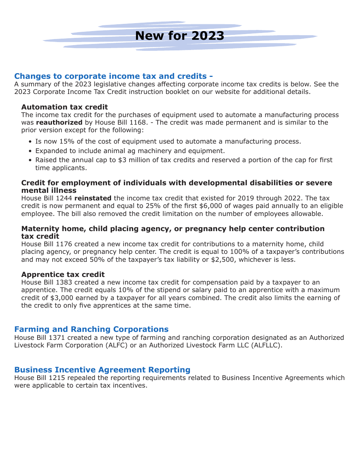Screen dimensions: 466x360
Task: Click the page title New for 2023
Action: pos(180,36)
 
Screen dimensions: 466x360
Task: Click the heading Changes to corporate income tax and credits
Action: pos(113,76)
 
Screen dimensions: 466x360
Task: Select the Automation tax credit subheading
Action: pos(64,107)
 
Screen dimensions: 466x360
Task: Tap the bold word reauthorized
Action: pos(59,122)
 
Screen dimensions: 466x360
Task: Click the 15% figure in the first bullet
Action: pos(67,141)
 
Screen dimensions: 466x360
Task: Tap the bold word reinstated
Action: pos(93,198)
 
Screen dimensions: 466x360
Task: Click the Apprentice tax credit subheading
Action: pos(63,274)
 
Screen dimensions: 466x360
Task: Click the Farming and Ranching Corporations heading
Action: pos(91,329)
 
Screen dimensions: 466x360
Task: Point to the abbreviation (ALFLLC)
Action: pos(266,345)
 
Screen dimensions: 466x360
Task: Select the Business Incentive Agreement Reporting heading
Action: pos(102,370)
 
